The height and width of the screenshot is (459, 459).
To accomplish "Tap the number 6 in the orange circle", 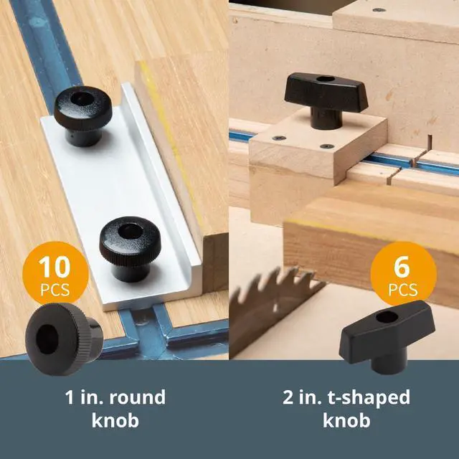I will click(x=402, y=267).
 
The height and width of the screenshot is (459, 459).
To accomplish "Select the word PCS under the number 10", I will click(x=55, y=290).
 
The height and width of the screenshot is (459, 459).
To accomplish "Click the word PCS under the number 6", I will click(x=402, y=290).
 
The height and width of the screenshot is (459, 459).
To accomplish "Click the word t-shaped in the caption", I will click(x=366, y=397).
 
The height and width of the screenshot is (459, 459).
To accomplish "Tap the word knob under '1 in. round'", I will click(x=115, y=420).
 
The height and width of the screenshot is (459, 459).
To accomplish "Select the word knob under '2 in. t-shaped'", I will click(x=346, y=420).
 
